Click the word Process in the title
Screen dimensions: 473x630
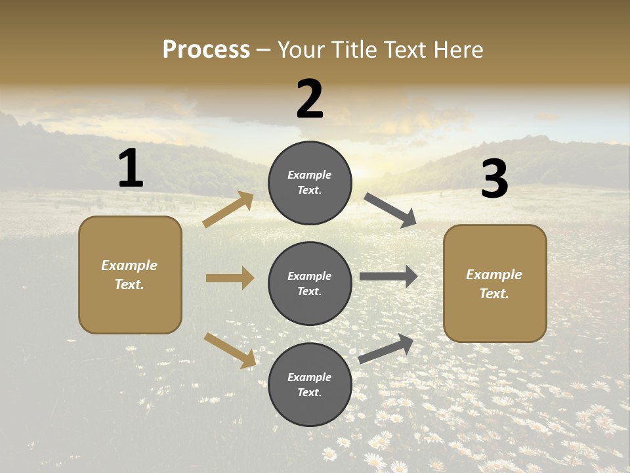click(206, 50)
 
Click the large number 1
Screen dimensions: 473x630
click(131, 169)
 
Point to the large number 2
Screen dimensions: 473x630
click(310, 99)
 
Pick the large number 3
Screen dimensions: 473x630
click(494, 179)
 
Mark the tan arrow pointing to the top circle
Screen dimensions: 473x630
click(228, 210)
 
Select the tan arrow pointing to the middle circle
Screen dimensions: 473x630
click(230, 278)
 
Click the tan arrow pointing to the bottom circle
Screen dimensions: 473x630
click(230, 350)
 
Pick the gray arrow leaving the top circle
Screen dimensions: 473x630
click(390, 210)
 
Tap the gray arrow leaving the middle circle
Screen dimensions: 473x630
click(388, 276)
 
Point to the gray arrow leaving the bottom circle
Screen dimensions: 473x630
click(386, 349)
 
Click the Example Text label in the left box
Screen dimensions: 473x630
click(129, 275)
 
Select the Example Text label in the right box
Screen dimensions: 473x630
click(494, 284)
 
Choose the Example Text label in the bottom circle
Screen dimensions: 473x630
click(310, 385)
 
